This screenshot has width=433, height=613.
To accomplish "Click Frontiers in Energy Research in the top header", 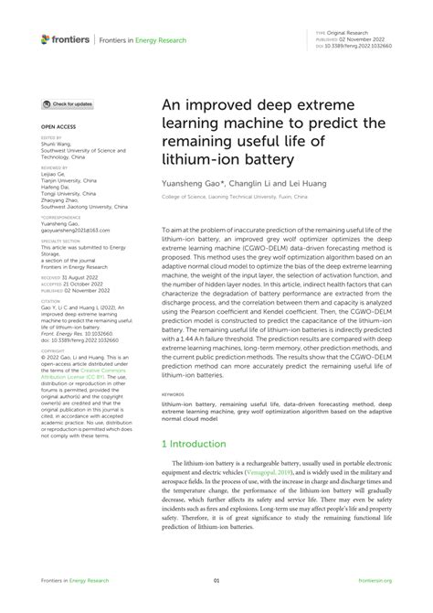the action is pyautogui.click(x=142, y=40).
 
